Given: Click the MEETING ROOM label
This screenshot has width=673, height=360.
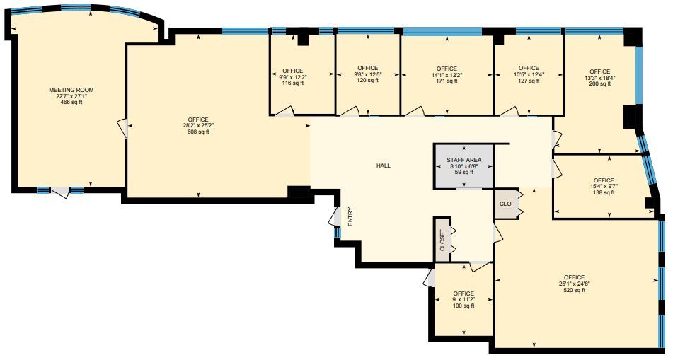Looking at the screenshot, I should pos(71,90).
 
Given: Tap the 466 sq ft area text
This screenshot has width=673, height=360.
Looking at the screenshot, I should pos(71,103).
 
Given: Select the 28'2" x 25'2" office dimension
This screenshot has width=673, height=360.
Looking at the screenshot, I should pos(198,125).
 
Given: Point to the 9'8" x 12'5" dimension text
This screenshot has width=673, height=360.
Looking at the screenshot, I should pos(367,74).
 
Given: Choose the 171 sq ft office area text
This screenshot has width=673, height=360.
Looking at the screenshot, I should pos(447,81).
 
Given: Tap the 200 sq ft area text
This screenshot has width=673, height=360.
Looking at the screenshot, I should pos(599,84).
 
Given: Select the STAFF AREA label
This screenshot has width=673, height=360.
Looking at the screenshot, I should pos(464,161).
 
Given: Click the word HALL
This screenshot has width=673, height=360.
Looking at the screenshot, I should pos(383,166).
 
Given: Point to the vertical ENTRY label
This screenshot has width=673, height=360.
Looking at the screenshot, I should pos(350,216).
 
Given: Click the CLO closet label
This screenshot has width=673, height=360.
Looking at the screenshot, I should pos(505,204).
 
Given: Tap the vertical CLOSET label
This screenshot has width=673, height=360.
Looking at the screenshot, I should pos(443,240).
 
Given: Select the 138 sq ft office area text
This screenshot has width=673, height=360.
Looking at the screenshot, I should pos(604,192).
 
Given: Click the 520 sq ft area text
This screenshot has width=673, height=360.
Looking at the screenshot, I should pos(574,290).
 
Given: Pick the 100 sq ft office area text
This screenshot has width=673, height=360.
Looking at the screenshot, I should pos(464,306).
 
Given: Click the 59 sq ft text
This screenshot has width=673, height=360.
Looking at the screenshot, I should pos(464,172).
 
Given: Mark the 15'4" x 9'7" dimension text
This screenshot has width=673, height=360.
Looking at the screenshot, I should pos(604,186).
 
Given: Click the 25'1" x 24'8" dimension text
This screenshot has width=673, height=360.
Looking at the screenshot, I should pos(574,284).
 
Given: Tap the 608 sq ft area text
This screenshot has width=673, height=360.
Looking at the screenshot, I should pos(198,132).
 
